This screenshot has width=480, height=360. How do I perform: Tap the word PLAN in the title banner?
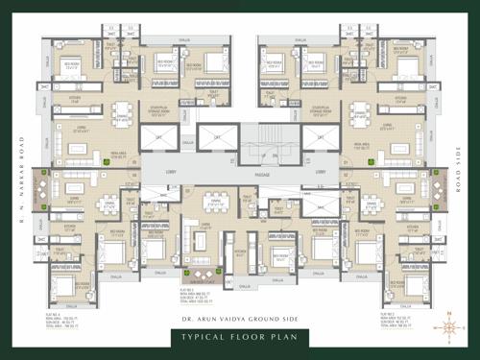(x=290, y=338)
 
